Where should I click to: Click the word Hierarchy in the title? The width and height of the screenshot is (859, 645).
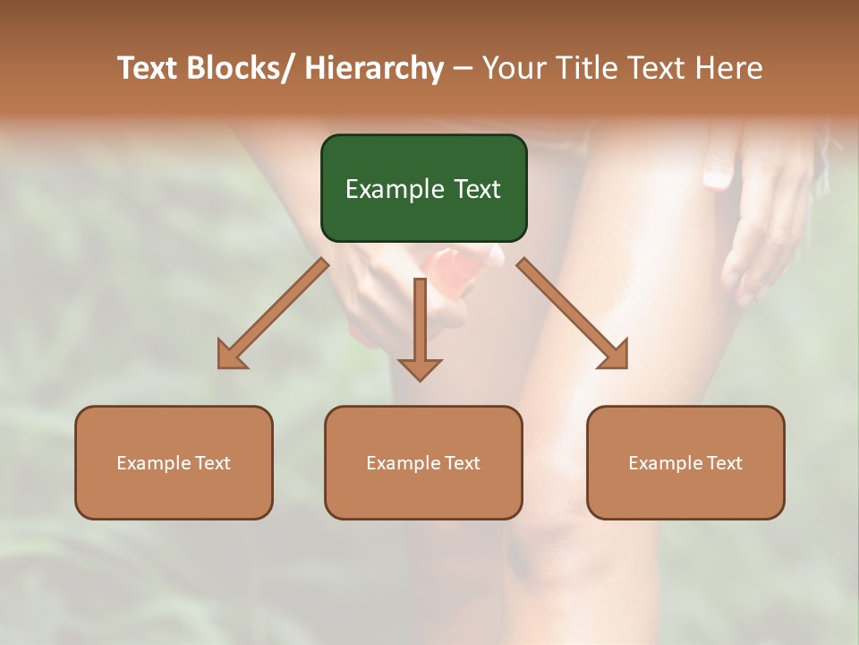pyautogui.click(x=374, y=68)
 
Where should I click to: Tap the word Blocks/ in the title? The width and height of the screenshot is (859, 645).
pyautogui.click(x=242, y=68)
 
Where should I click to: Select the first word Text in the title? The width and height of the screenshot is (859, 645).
pyautogui.click(x=149, y=68)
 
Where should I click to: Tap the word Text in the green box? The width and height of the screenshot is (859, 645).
pyautogui.click(x=476, y=189)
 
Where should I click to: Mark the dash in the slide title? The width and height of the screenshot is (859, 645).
pyautogui.click(x=463, y=69)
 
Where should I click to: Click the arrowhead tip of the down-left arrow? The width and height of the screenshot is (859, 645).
pyautogui.click(x=219, y=366)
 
